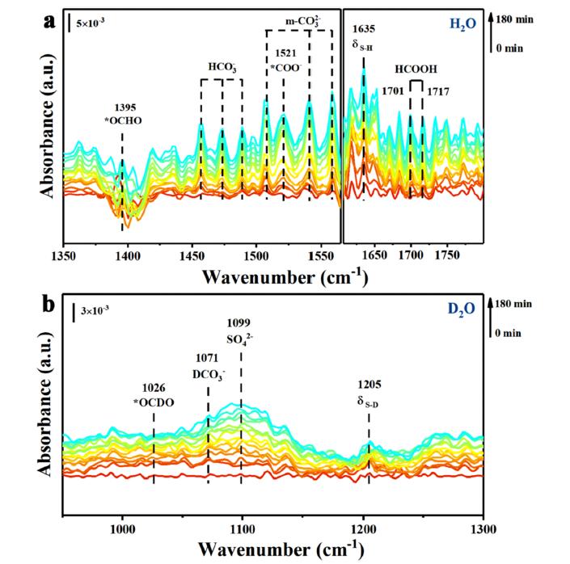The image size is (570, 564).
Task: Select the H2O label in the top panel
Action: click(461, 25)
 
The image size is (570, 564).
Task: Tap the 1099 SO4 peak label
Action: click(241, 334)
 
